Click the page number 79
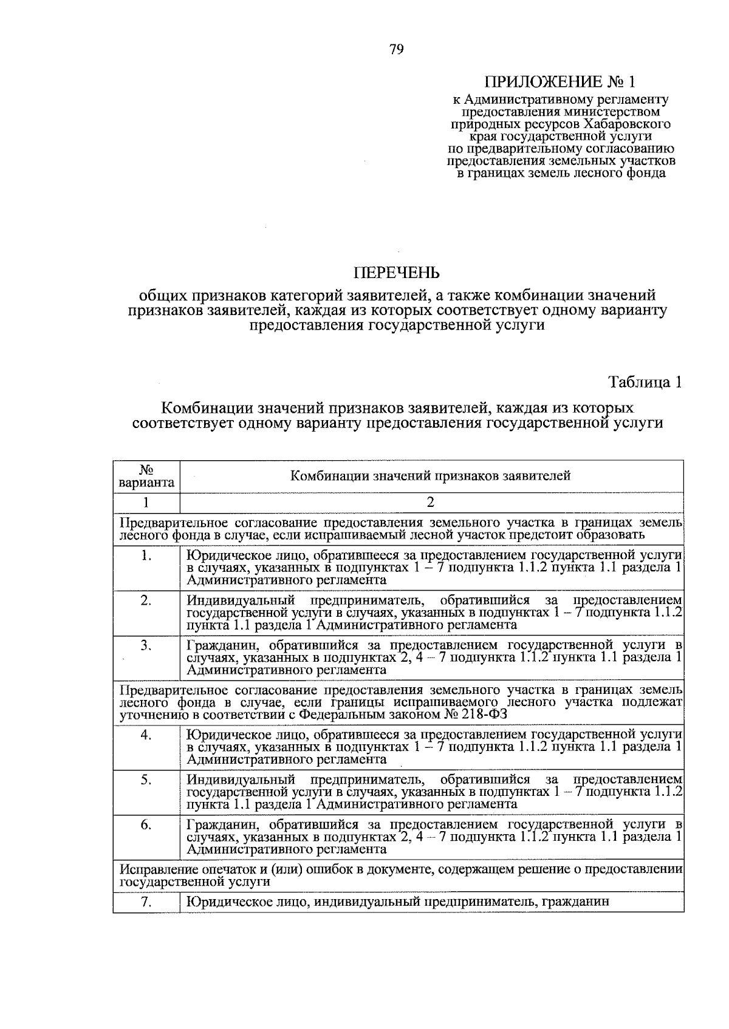397,50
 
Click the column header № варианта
146,477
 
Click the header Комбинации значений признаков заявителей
430,476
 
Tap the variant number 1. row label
146,555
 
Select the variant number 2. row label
146,600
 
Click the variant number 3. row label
146,645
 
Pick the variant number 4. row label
146,735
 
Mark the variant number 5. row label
146,779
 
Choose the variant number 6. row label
146,824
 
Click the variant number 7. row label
146,902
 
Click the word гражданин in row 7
578,902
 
